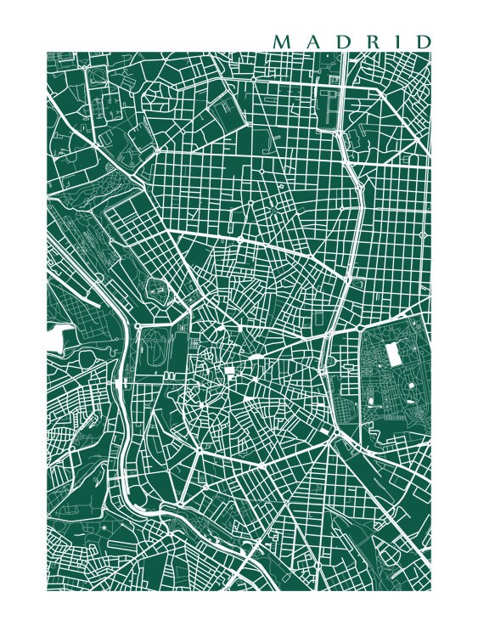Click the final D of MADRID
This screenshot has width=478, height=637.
click(x=420, y=42)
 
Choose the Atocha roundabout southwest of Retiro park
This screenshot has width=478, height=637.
click(x=337, y=431)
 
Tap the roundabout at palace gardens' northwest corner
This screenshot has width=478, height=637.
click(x=138, y=325)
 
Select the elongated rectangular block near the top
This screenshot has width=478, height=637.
click(x=327, y=109)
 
